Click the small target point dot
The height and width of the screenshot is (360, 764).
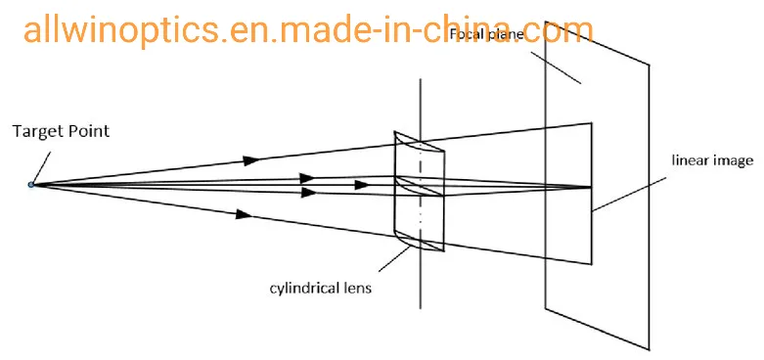(x=31, y=184)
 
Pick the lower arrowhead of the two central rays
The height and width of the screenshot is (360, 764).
(x=308, y=193)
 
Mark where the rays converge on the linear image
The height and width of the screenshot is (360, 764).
(x=591, y=186)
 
